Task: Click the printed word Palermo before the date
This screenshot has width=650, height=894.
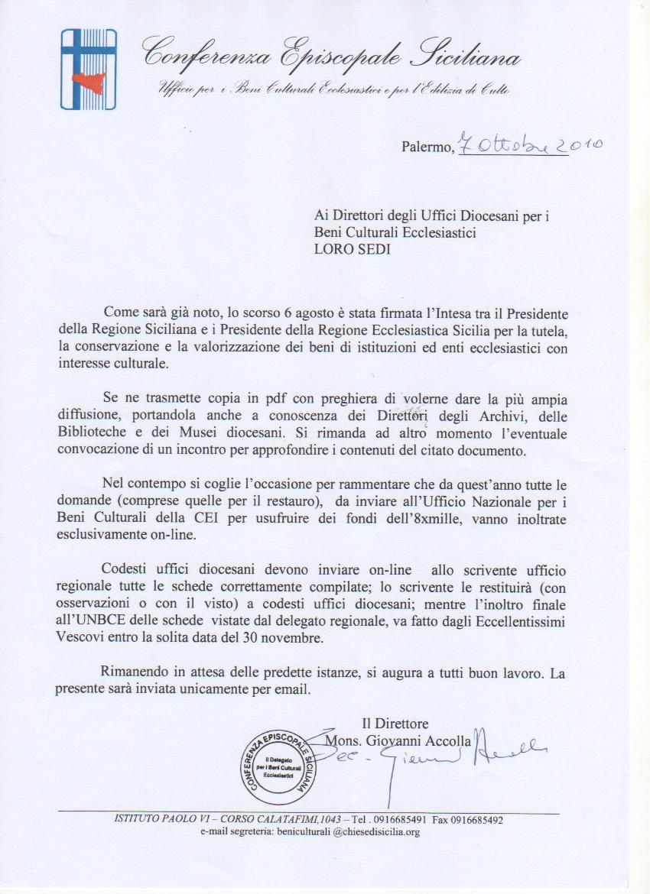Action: coord(427,147)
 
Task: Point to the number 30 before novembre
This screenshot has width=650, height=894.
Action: coord(258,637)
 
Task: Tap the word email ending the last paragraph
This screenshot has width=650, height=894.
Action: coord(297,689)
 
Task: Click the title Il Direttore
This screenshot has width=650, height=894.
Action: coord(395,723)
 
